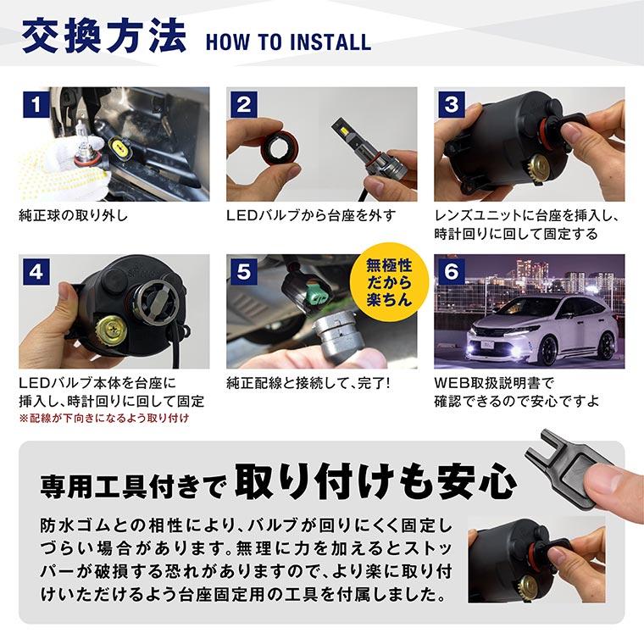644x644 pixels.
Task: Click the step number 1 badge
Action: pos(35,105)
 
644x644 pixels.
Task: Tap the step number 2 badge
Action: pos(243,105)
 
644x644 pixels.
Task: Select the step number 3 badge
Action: pos(452,105)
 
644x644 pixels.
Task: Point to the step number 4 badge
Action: pos(35,273)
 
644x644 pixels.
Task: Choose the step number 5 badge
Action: pos(243,273)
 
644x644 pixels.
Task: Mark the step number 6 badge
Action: pos(452,273)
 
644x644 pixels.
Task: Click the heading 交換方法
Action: pos(103,39)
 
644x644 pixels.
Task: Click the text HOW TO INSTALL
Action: pos(288,42)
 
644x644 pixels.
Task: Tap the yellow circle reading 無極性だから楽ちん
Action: pos(386,282)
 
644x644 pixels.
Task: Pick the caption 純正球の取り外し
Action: pos(73,215)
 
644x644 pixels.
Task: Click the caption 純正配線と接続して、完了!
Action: pos(308,383)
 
